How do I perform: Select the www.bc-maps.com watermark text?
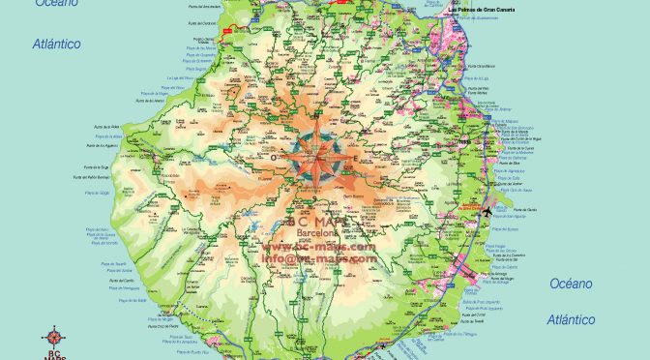(x=319, y=247)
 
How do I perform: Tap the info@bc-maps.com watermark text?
(x=319, y=258)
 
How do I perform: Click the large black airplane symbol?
(x=487, y=213)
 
